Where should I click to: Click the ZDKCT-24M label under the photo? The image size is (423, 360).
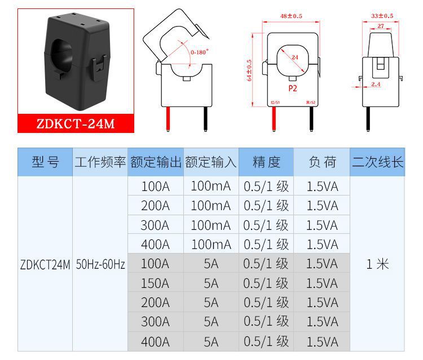(x=76, y=123)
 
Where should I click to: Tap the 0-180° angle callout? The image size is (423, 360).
(x=199, y=52)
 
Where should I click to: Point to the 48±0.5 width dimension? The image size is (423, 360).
(x=291, y=16)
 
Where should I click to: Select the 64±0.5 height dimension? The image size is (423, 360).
(x=250, y=70)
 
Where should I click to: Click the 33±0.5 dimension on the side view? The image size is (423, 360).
(x=382, y=16)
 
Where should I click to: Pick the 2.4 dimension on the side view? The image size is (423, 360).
(x=376, y=85)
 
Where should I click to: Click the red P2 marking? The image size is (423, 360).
(x=292, y=88)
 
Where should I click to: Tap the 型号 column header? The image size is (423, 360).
(x=45, y=163)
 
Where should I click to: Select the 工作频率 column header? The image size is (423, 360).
(x=100, y=163)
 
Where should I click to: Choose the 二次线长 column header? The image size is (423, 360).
(x=378, y=163)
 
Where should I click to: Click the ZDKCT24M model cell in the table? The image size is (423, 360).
(x=45, y=264)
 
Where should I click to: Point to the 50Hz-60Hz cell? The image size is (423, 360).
(x=100, y=264)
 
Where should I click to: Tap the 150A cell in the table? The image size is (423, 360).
(x=155, y=283)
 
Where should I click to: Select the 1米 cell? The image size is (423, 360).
(x=377, y=264)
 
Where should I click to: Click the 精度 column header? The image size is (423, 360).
(x=266, y=163)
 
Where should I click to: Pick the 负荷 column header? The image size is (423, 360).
(x=322, y=163)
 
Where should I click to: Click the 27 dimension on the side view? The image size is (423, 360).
(x=381, y=26)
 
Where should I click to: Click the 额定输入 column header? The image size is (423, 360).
(x=210, y=163)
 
